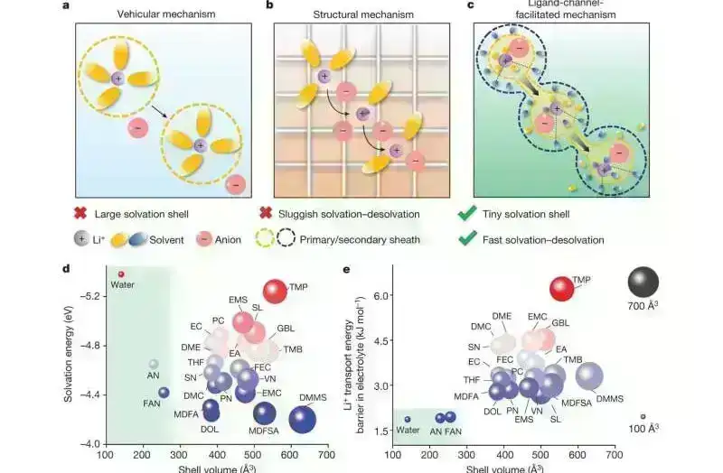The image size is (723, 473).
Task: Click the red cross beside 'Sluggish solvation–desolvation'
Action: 267,214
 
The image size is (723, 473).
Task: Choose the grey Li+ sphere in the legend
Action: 85,239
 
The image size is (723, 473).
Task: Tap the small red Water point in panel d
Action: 121,274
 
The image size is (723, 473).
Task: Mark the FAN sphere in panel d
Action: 164,393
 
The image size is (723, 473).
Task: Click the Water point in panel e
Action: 408,419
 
